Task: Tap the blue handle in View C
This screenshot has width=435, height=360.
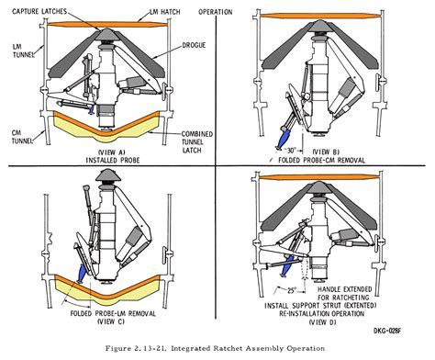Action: [84, 271]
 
